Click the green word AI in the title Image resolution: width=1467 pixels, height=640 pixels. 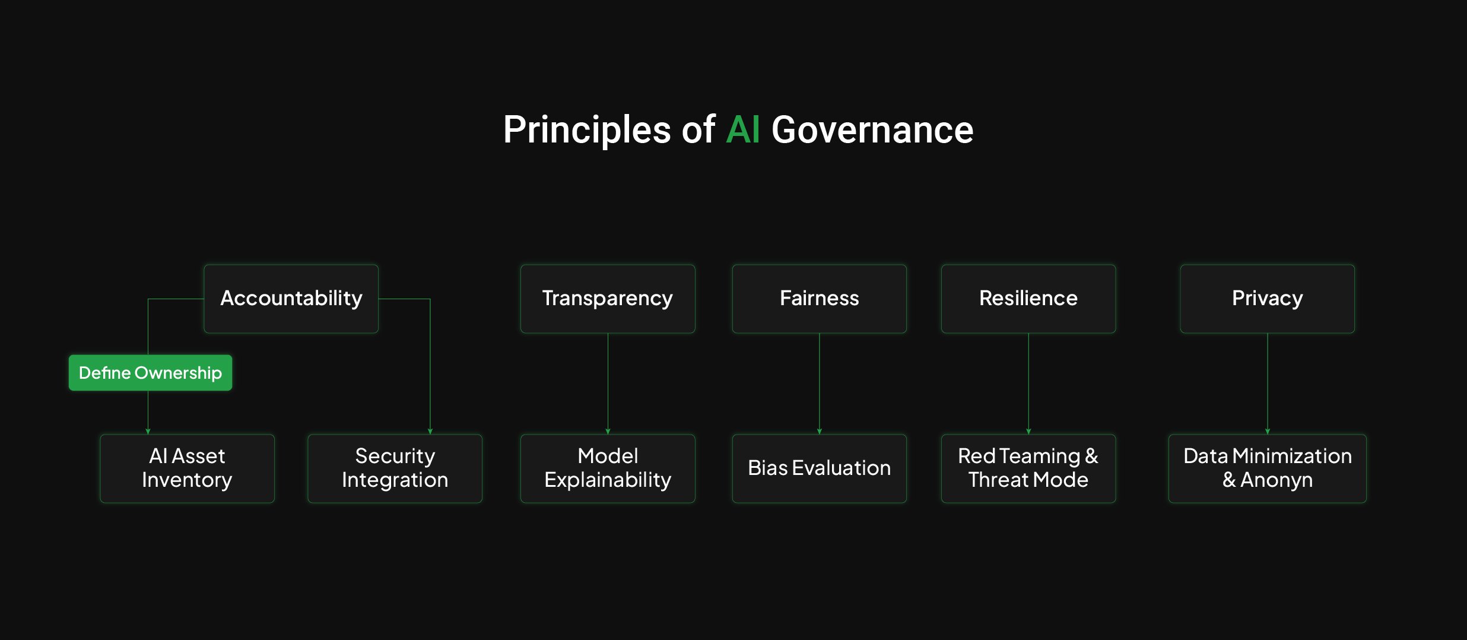click(x=743, y=129)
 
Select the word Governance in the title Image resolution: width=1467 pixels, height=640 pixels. click(x=872, y=129)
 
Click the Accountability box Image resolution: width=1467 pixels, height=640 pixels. click(x=291, y=299)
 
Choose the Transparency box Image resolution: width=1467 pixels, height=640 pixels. click(x=608, y=299)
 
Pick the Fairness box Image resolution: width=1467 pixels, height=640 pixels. click(x=820, y=299)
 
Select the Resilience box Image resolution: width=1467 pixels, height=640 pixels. click(x=1028, y=299)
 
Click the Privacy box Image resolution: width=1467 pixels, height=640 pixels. click(x=1268, y=299)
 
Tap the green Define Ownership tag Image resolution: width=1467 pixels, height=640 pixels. click(x=150, y=373)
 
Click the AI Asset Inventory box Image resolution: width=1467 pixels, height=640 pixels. click(x=188, y=468)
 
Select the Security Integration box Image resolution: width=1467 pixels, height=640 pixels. click(x=395, y=468)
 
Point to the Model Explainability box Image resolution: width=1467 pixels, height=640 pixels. click(x=608, y=468)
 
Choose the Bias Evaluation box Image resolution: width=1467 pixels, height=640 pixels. click(x=820, y=468)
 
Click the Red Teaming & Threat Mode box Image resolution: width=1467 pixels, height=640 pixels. click(x=1028, y=468)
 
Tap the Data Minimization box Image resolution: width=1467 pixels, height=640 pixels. click(x=1268, y=468)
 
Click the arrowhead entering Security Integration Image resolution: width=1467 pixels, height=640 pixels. click(x=430, y=432)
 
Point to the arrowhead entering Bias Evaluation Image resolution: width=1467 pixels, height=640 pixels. click(x=820, y=432)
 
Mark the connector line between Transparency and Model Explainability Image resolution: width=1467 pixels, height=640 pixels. click(x=608, y=384)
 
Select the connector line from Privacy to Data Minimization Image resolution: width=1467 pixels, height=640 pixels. click(x=1268, y=384)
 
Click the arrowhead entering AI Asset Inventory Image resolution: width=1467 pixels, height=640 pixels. click(x=148, y=432)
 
